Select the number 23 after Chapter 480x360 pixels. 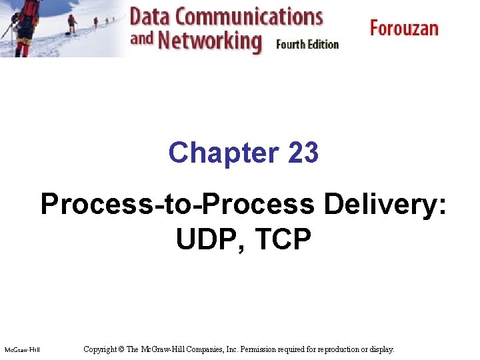tap(303, 153)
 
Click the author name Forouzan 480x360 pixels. tap(404, 29)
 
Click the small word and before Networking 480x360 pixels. tap(142, 38)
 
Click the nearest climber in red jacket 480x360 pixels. tap(25, 27)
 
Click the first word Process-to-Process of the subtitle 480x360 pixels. tap(177, 205)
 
